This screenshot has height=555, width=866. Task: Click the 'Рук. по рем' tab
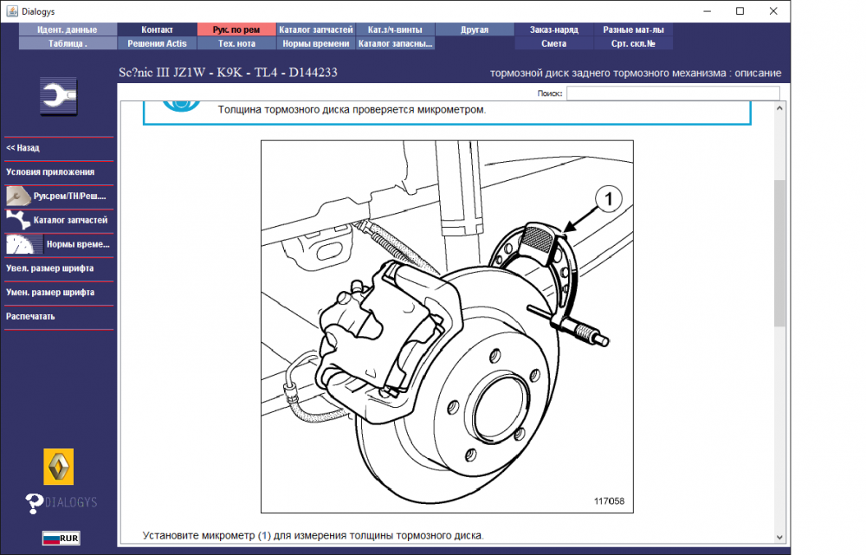(x=236, y=29)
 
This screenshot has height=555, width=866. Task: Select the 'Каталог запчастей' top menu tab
(x=316, y=29)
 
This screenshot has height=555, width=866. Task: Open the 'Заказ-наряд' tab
(x=554, y=29)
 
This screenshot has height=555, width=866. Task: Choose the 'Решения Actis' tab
(x=158, y=43)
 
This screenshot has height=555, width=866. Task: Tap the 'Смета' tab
(x=554, y=43)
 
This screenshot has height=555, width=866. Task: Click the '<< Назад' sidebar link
(x=23, y=148)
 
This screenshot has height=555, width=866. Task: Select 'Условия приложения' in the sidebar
(x=50, y=171)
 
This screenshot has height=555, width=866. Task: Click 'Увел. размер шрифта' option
(x=49, y=268)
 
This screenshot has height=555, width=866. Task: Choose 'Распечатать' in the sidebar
(x=30, y=316)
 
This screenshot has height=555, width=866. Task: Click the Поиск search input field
(x=673, y=94)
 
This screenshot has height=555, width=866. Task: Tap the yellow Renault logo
(x=59, y=467)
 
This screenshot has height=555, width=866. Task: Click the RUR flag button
(x=61, y=538)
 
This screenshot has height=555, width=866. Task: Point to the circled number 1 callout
(x=609, y=199)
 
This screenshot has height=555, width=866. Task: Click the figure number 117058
(x=609, y=501)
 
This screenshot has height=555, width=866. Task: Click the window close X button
(x=773, y=11)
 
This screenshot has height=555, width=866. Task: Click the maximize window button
(x=740, y=11)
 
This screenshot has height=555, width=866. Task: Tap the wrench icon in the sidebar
(x=59, y=96)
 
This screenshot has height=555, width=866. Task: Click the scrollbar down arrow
(x=779, y=537)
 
